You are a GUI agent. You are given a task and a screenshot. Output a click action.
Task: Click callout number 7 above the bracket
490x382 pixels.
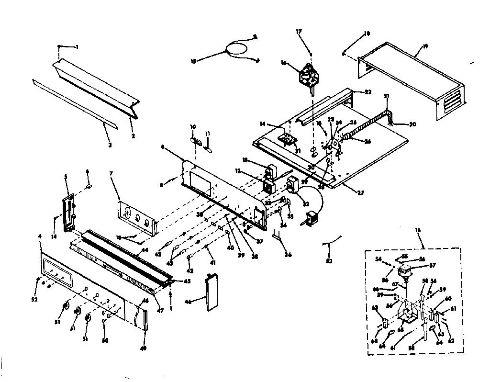click(x=111, y=185)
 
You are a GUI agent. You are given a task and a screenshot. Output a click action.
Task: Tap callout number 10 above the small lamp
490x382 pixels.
click(x=193, y=127)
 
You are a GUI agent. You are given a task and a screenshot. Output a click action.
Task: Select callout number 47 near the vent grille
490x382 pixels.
click(x=160, y=311)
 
